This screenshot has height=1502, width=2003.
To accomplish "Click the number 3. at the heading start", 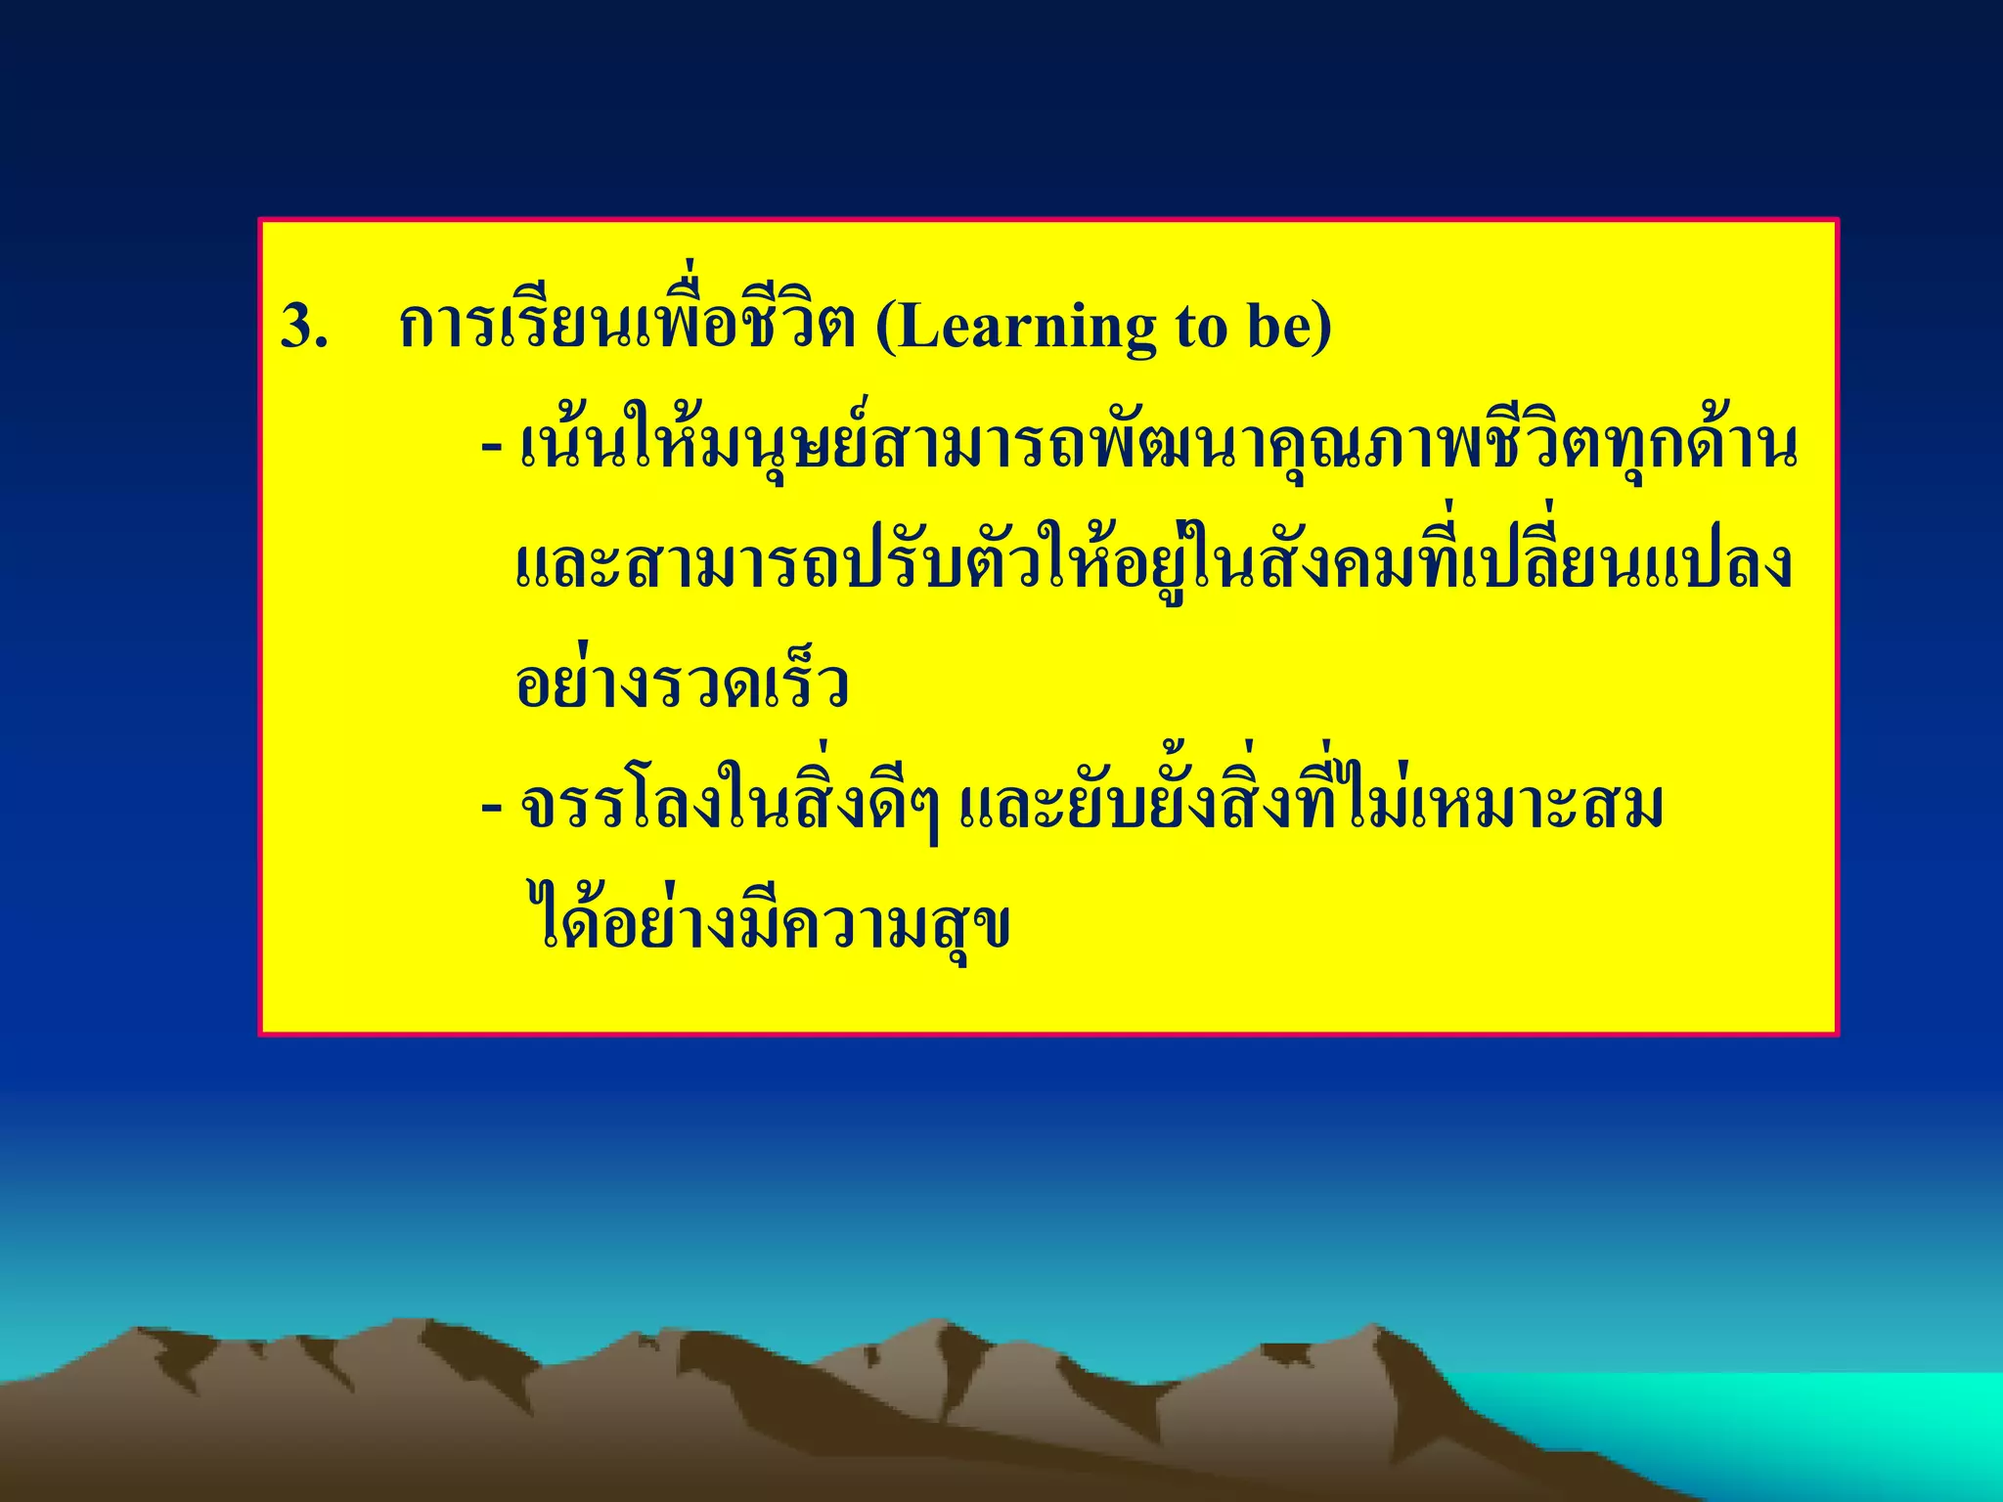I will pos(304,327).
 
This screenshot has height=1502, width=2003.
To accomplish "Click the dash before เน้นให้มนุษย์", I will pos(492,449).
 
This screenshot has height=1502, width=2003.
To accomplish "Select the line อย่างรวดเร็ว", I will pos(682,685).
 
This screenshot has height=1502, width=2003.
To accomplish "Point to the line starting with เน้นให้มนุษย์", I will pos(1159,447).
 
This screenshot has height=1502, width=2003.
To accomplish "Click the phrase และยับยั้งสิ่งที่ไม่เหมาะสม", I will pos(1311,808).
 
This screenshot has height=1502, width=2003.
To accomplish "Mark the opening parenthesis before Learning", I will pos(885,327).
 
